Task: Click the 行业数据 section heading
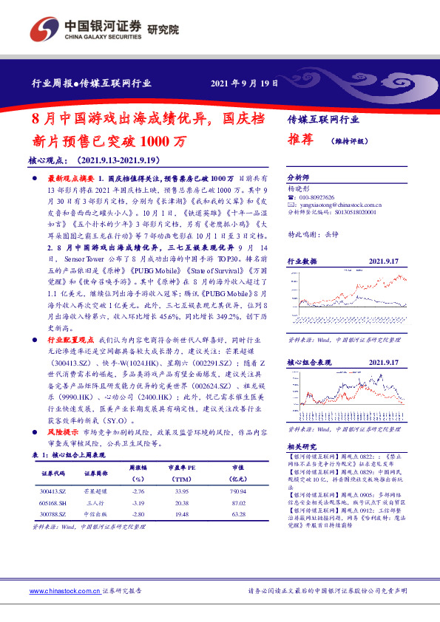[x=301, y=261]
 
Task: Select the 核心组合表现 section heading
[x=308, y=363]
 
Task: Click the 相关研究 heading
[x=301, y=446]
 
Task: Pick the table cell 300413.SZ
[x=53, y=491]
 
